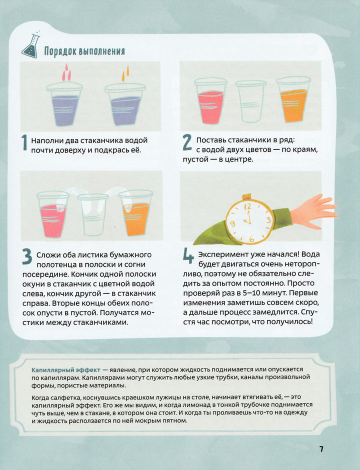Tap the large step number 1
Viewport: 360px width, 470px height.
(x=25, y=143)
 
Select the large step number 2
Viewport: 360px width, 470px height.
(x=187, y=142)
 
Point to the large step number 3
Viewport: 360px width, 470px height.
(x=27, y=257)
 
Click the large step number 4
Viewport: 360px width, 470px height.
(x=188, y=256)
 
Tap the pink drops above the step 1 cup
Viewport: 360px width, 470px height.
(x=67, y=72)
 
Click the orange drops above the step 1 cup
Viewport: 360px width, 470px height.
(x=125, y=74)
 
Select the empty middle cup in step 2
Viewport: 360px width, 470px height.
(x=250, y=101)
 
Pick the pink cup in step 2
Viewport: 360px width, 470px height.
(x=210, y=100)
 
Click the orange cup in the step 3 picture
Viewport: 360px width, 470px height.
(x=136, y=213)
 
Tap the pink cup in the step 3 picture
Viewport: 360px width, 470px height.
(x=53, y=214)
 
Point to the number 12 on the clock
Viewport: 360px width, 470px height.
(x=248, y=206)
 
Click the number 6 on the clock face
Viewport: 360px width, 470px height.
(x=251, y=239)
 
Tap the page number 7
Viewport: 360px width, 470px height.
(x=321, y=449)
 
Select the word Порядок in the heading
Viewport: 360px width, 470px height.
(x=58, y=51)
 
